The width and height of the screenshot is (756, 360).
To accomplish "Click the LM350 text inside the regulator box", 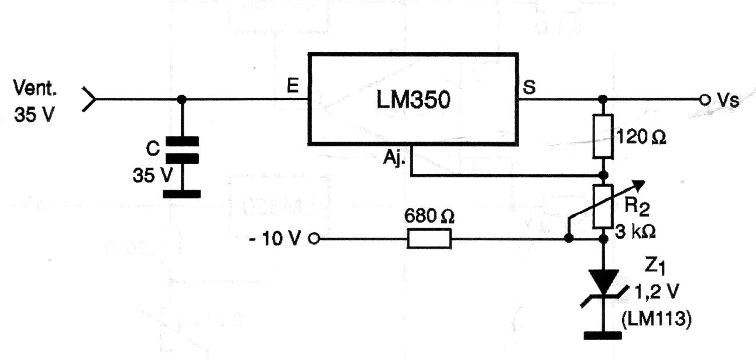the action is (413, 100).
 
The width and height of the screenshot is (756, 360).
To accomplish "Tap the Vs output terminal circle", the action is (705, 100).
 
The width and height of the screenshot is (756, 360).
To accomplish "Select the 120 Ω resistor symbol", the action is (603, 136).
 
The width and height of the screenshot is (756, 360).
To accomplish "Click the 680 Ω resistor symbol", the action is (429, 239).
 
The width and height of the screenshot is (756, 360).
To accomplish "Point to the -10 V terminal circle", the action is (314, 239).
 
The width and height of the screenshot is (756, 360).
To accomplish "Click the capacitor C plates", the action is (181, 150).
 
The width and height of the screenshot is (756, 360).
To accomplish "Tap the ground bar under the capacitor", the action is (181, 194).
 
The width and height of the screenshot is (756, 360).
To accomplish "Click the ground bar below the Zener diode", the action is (603, 335).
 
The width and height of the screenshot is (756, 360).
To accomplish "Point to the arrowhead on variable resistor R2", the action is (638, 186).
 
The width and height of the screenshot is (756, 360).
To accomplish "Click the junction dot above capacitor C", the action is (181, 100).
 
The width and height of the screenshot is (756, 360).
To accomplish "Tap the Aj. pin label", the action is (394, 157).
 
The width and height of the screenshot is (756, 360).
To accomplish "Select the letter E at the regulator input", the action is (293, 85).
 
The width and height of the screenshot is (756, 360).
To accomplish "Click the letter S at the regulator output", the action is (529, 87).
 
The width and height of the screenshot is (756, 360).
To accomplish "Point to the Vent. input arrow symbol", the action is (89, 100).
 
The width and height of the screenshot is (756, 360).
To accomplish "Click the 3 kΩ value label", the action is (635, 232).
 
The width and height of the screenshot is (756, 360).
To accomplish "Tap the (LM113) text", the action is (657, 319).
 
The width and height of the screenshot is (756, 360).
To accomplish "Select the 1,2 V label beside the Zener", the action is (657, 292).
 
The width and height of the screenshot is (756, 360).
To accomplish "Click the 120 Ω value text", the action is (641, 137).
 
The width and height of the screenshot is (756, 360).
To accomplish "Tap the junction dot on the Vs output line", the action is (603, 100).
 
